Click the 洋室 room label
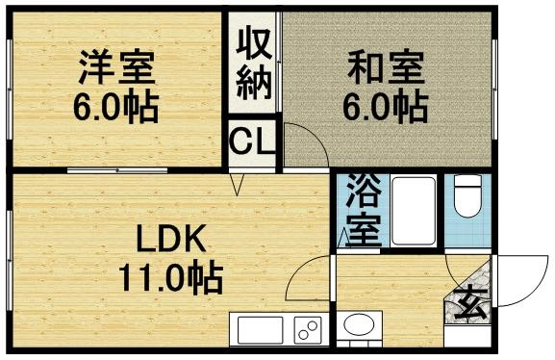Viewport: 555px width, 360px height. click(x=115, y=68)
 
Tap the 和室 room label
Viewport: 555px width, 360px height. click(x=384, y=68)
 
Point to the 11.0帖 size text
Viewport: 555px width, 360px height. click(x=170, y=278)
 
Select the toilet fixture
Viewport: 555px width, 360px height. click(x=467, y=197)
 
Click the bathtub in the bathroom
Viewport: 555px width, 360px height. click(x=411, y=211)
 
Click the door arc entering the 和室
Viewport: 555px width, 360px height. click(x=306, y=144)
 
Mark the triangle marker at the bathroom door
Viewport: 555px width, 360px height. click(x=343, y=234)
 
